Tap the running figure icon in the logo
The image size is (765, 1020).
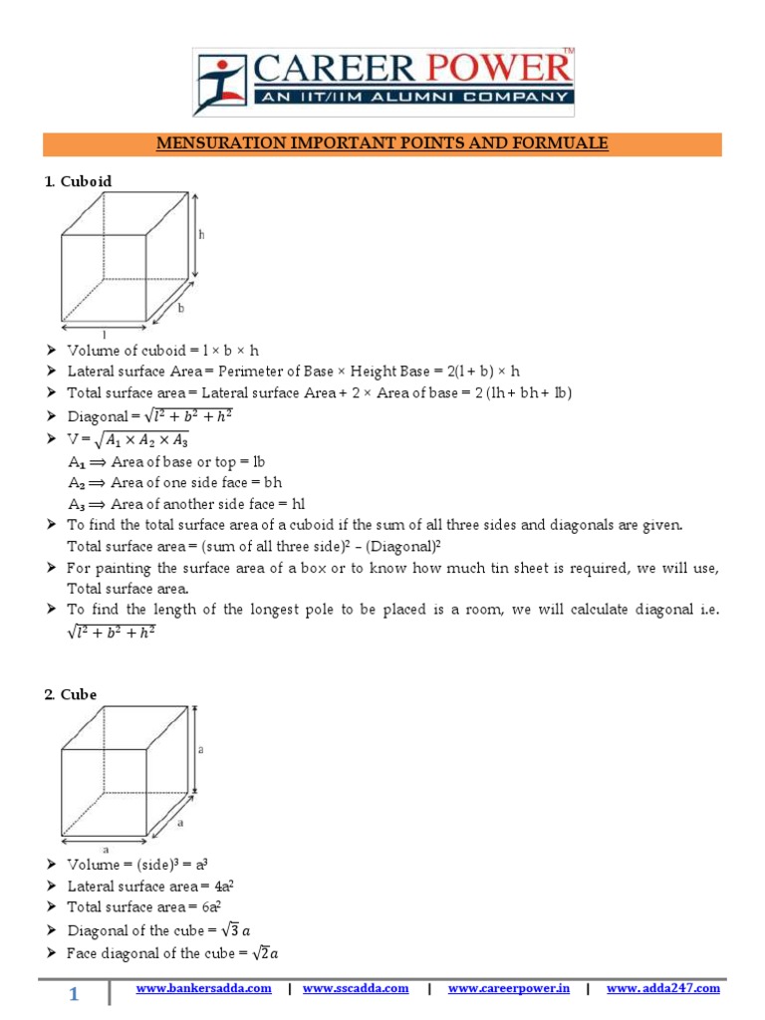point(218,85)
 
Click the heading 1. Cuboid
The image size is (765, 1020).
point(78,181)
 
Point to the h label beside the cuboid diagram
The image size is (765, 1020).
point(201,235)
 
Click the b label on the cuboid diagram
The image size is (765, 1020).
point(180,309)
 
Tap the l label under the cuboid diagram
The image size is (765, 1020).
point(104,335)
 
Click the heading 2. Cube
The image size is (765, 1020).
point(70,694)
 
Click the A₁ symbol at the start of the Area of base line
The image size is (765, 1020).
point(77,462)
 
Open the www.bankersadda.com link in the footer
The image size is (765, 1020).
point(203,988)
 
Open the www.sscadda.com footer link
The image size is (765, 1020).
point(356,988)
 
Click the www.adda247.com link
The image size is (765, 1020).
point(662,988)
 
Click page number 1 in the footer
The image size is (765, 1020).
point(74,994)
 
